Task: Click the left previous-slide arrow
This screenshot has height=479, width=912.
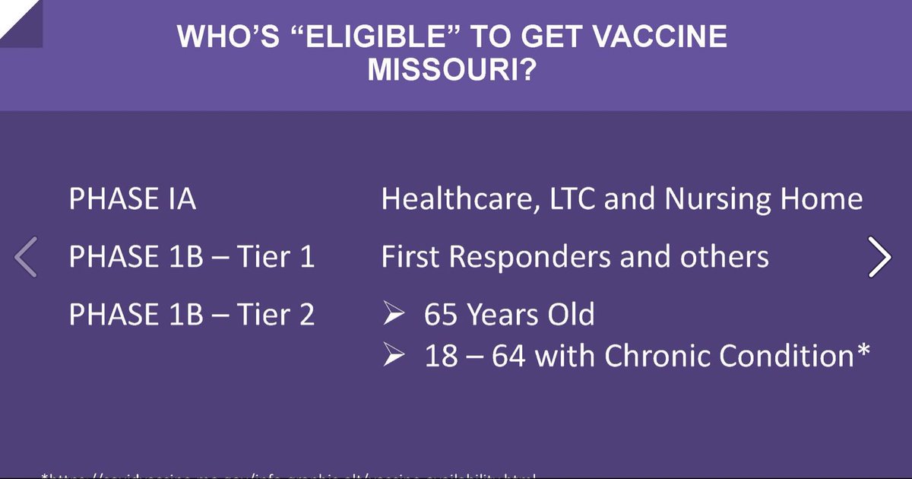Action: (26, 257)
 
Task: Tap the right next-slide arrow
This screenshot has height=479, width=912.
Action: (879, 257)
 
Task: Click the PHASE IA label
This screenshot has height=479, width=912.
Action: (132, 199)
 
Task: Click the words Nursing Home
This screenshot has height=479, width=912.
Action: (764, 199)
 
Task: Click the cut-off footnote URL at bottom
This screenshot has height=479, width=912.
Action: (289, 475)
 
